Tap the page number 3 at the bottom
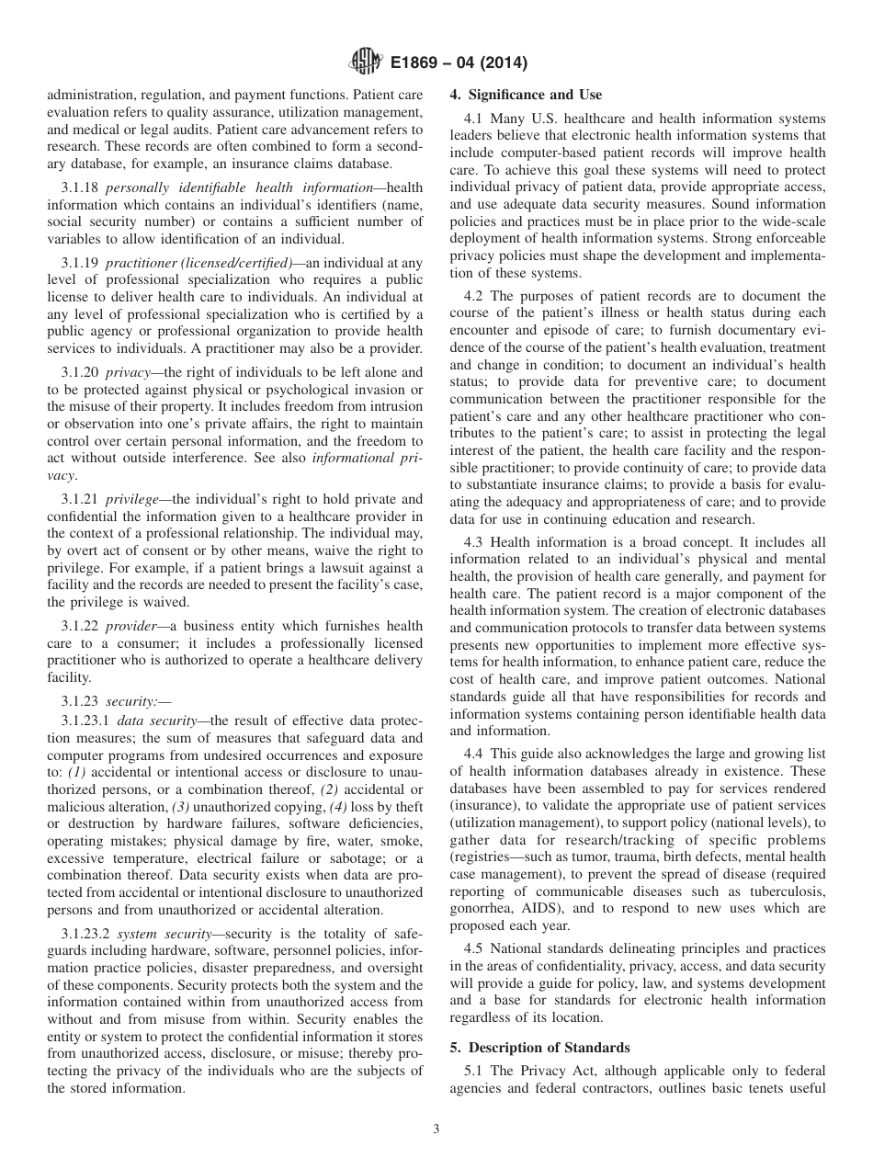pyautogui.click(x=436, y=1129)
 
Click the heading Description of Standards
pyautogui.click(x=545, y=1048)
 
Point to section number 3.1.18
pyautogui.click(x=80, y=187)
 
